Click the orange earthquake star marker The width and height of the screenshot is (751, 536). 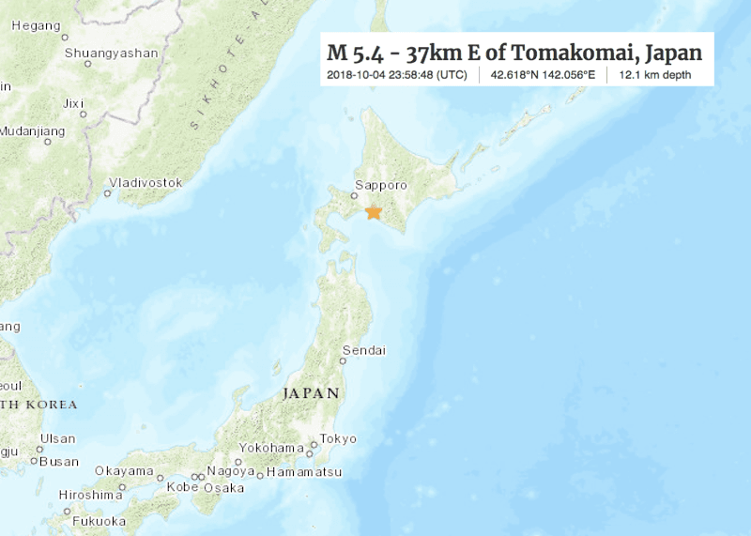[373, 213]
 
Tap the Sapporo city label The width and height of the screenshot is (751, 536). [381, 186]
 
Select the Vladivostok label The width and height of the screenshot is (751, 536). [146, 182]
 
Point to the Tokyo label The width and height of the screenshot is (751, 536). [338, 438]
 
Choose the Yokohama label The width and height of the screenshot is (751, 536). [272, 448]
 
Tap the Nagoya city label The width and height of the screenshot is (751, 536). [230, 470]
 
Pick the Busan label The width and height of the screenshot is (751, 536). [61, 461]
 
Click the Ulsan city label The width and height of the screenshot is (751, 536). [58, 438]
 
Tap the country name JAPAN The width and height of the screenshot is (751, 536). [310, 393]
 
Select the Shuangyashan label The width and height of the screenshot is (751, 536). [111, 53]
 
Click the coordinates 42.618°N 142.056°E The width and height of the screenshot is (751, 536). [542, 73]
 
